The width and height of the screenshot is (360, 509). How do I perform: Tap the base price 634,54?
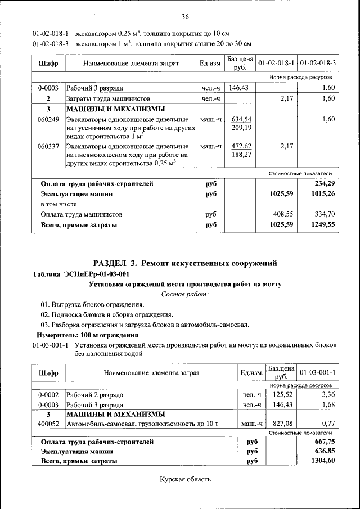pyautogui.click(x=241, y=119)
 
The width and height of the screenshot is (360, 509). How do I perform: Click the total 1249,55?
pyautogui.click(x=322, y=224)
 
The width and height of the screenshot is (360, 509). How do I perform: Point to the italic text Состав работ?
pyautogui.click(x=185, y=294)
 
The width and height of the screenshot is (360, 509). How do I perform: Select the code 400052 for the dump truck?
pyautogui.click(x=48, y=423)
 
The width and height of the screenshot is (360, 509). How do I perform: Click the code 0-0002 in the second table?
pyautogui.click(x=48, y=395)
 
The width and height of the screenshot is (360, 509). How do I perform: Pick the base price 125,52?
pyautogui.click(x=281, y=395)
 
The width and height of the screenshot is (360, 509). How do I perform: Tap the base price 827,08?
pyautogui.click(x=281, y=423)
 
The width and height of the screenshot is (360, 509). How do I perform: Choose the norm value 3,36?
pyautogui.click(x=326, y=395)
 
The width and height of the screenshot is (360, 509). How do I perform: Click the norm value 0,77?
pyautogui.click(x=326, y=423)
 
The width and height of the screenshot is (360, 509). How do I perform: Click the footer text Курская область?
pyautogui.click(x=185, y=480)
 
